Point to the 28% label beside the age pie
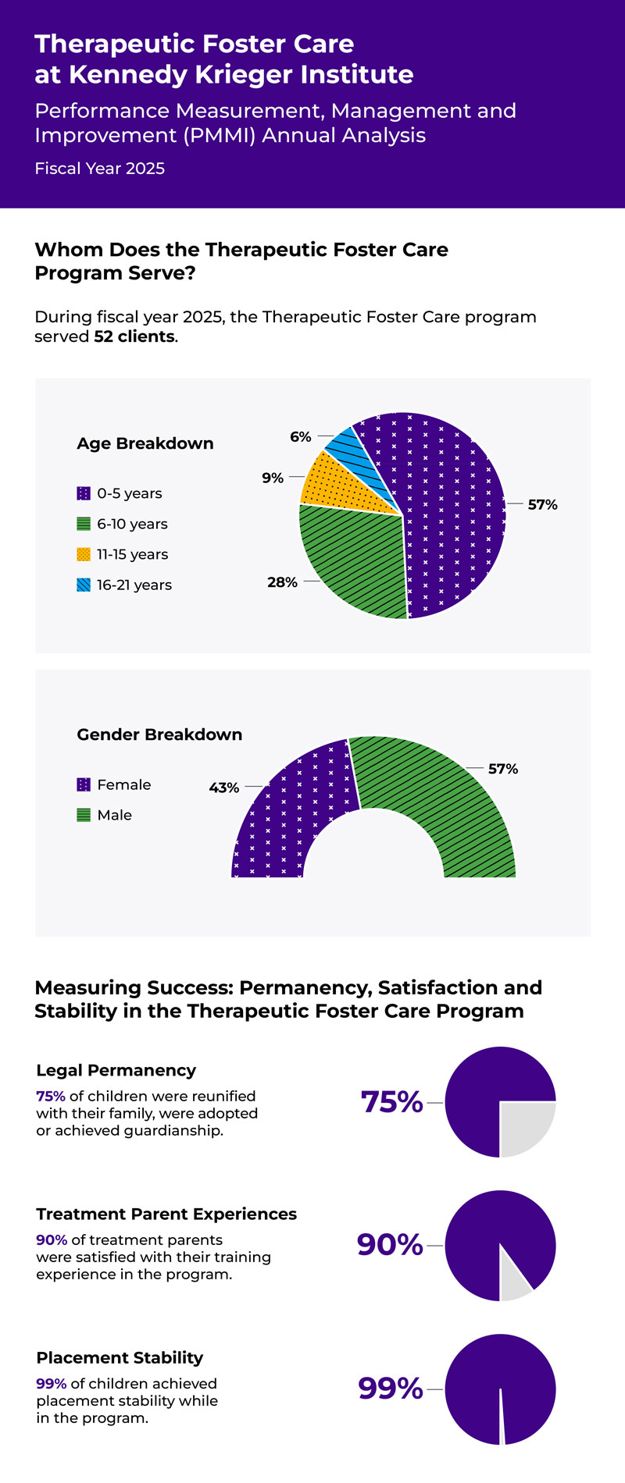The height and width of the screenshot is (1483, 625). pyautogui.click(x=282, y=582)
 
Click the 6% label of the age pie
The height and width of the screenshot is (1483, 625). pyautogui.click(x=301, y=437)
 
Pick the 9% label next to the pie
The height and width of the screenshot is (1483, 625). pyautogui.click(x=273, y=478)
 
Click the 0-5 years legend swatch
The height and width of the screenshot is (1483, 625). pyautogui.click(x=84, y=493)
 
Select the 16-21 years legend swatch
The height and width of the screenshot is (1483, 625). pyautogui.click(x=84, y=585)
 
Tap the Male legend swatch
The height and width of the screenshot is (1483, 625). pyautogui.click(x=84, y=815)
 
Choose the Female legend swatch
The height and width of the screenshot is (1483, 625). pyautogui.click(x=84, y=784)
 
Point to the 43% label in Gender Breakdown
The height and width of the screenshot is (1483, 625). pyautogui.click(x=224, y=788)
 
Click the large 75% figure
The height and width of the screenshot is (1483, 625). pyautogui.click(x=391, y=1102)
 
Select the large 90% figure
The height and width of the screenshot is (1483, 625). pyautogui.click(x=390, y=1244)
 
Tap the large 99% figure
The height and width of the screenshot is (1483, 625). pyautogui.click(x=391, y=1389)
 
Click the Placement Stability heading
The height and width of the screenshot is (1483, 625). pyautogui.click(x=120, y=1357)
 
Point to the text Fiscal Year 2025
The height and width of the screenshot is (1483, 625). pyautogui.click(x=99, y=169)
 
